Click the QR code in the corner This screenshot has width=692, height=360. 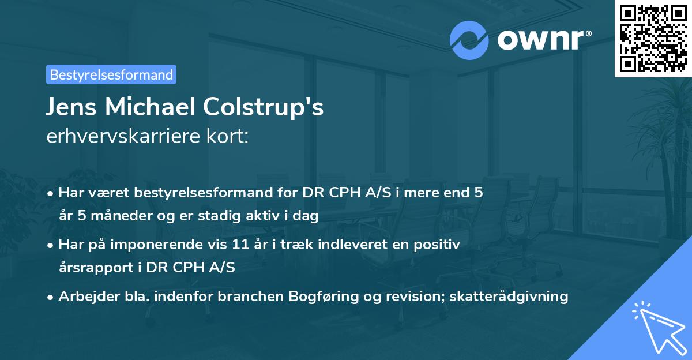[x=653, y=39]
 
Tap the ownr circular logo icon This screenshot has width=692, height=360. [x=469, y=40]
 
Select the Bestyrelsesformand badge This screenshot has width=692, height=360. [x=111, y=74]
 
